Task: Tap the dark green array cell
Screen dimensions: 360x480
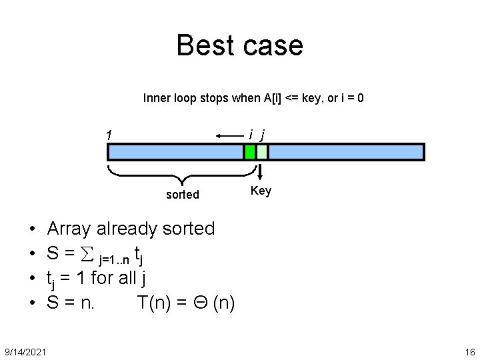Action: pyautogui.click(x=250, y=152)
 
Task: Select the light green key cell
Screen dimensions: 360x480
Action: pyautogui.click(x=262, y=152)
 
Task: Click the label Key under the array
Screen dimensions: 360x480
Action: pyautogui.click(x=261, y=191)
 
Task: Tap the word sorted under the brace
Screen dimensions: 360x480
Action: pyautogui.click(x=182, y=195)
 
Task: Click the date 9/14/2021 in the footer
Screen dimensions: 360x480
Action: pyautogui.click(x=25, y=351)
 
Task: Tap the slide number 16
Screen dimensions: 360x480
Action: pyautogui.click(x=469, y=351)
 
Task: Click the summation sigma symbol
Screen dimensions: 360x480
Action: pyautogui.click(x=85, y=253)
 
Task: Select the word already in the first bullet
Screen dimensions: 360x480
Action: pyautogui.click(x=128, y=229)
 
